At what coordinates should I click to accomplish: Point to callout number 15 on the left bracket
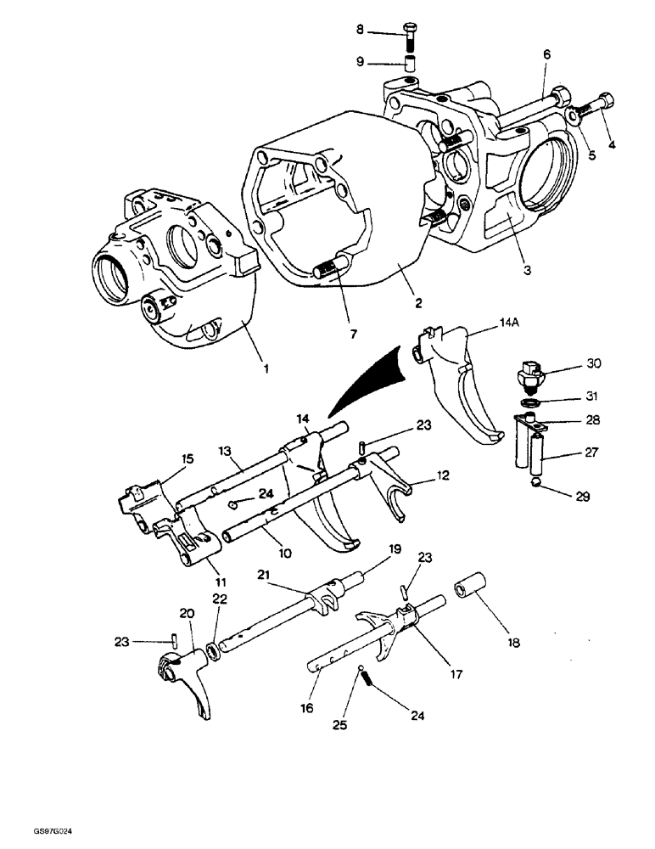(x=186, y=458)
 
